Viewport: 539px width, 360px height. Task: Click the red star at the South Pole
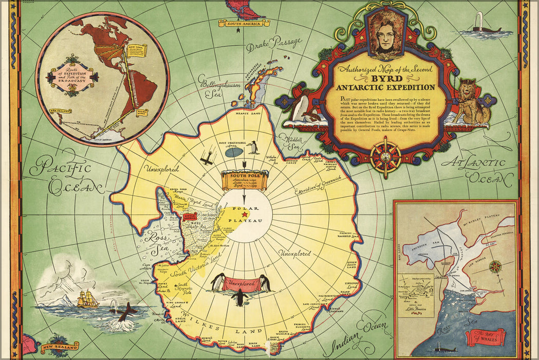(x=246, y=214)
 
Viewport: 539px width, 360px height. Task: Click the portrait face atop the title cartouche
(x=387, y=31)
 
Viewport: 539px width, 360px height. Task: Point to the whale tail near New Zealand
(x=125, y=312)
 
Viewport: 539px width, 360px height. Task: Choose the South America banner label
(x=244, y=23)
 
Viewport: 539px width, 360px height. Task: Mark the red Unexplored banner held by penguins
(x=241, y=283)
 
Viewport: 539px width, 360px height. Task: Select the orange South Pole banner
(x=245, y=180)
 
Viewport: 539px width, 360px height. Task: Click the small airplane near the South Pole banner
(x=207, y=159)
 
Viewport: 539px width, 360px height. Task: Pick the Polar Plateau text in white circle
(x=246, y=215)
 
